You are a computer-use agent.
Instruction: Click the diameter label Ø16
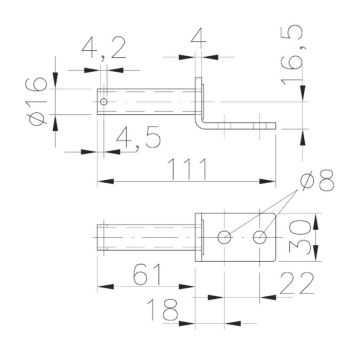[37, 102]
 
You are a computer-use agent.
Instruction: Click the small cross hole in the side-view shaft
[104, 100]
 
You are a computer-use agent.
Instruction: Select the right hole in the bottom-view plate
[261, 237]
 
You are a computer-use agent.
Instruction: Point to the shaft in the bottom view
[145, 237]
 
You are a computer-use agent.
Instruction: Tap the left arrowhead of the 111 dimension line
[102, 181]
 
